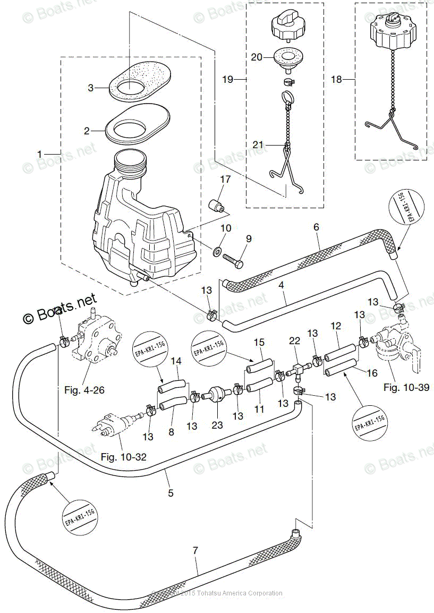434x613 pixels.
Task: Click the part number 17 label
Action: tap(226, 179)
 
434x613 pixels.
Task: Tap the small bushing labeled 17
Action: tap(215, 205)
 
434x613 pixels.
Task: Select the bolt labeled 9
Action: tap(233, 261)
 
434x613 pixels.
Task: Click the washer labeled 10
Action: tap(217, 250)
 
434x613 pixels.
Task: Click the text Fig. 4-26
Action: tap(84, 390)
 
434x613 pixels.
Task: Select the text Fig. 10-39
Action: tap(406, 387)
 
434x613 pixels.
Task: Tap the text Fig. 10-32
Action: tap(123, 456)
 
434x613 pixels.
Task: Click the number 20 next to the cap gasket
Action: tap(257, 57)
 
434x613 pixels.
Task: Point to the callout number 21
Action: tap(258, 145)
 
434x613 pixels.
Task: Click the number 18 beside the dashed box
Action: tap(337, 80)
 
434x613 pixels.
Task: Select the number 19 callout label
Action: tap(227, 80)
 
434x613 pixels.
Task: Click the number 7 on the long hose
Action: tap(195, 551)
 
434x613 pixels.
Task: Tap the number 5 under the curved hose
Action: tap(171, 493)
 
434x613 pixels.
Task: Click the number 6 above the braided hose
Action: tap(316, 227)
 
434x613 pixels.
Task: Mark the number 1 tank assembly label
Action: tap(39, 154)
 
